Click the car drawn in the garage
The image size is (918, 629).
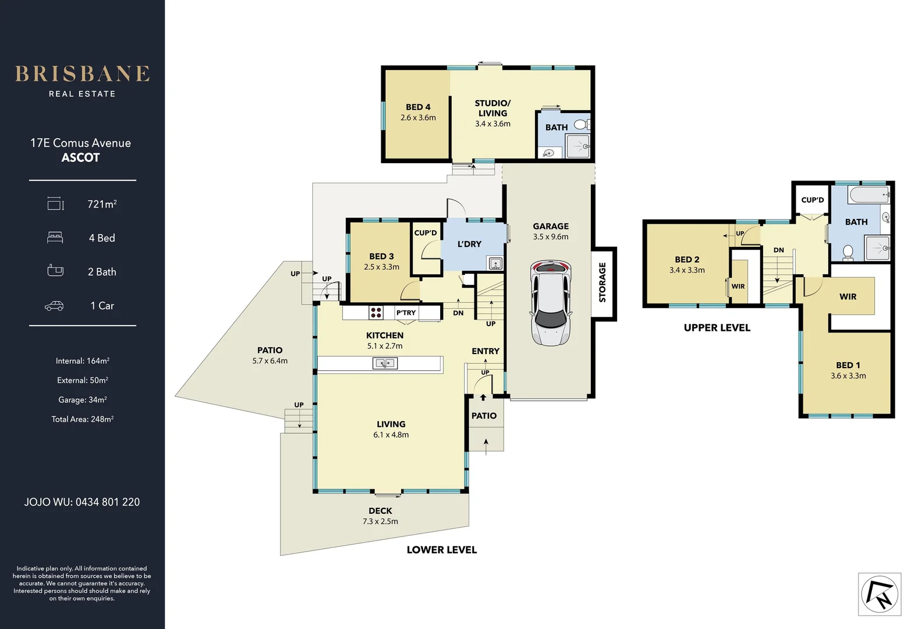[x=550, y=303]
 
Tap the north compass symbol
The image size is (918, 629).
[x=879, y=594]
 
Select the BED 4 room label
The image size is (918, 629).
[x=418, y=107]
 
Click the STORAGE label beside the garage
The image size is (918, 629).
[x=602, y=282]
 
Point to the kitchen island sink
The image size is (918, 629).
[x=384, y=363]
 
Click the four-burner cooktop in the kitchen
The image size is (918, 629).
[x=376, y=313]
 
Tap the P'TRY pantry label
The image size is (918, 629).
[x=406, y=313]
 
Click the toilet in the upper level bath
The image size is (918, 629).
[x=848, y=252]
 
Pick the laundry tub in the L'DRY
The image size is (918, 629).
[x=495, y=263]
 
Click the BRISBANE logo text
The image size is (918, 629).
[x=82, y=74]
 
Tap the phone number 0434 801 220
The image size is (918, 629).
[x=108, y=502]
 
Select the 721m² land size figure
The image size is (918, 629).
[x=102, y=204]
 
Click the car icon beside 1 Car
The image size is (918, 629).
[x=54, y=306]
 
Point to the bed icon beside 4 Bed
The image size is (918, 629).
[x=55, y=238]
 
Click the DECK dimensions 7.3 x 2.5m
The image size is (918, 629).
[x=380, y=521]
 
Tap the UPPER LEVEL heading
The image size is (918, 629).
[x=717, y=328]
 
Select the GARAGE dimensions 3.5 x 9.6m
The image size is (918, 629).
[x=550, y=237]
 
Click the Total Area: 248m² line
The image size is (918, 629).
[x=82, y=419]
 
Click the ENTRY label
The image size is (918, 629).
[x=485, y=351]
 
